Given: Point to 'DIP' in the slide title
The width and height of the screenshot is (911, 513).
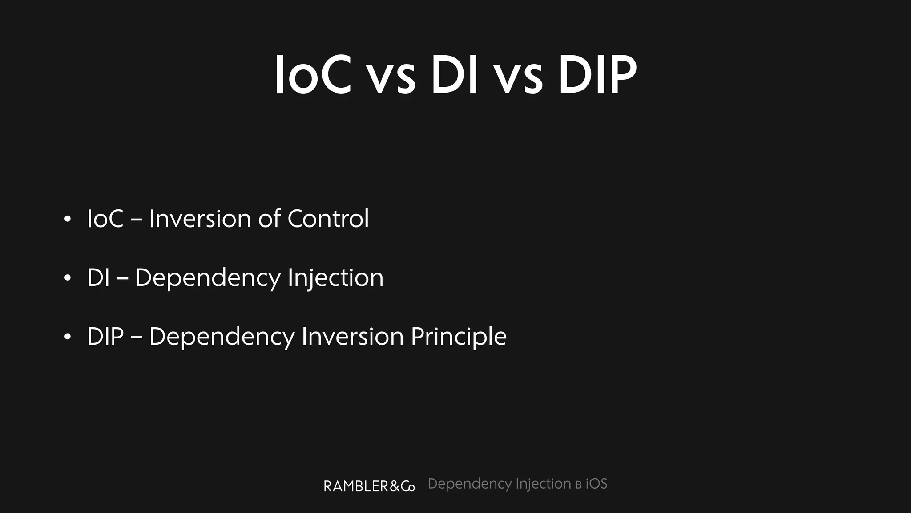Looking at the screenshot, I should tap(597, 75).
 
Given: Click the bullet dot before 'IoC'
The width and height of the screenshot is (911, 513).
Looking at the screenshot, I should tap(67, 219).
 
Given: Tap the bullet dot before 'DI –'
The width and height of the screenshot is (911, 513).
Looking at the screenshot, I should tap(67, 278).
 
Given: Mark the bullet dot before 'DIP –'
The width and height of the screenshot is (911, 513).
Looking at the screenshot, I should tap(67, 337).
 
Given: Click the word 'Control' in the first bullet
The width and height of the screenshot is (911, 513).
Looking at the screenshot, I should tap(328, 219).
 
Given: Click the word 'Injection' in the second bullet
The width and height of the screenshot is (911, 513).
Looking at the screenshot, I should tap(335, 278).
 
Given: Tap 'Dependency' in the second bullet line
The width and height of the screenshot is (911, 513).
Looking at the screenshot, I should tap(208, 278).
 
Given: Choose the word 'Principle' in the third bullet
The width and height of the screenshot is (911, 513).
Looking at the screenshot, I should tap(459, 337).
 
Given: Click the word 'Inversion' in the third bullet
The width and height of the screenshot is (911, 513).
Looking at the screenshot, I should tap(352, 337).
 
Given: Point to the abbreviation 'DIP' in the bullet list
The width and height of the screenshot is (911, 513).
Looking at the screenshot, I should tap(105, 337).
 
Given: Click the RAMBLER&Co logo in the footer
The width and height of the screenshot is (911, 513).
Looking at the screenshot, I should tap(369, 486).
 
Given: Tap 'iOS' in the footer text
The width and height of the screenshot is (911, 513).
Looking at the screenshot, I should tap(596, 484).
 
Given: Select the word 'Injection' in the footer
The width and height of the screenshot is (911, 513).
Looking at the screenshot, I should tap(543, 484).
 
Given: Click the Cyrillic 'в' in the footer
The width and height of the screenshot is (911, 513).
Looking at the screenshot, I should tap(578, 485).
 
